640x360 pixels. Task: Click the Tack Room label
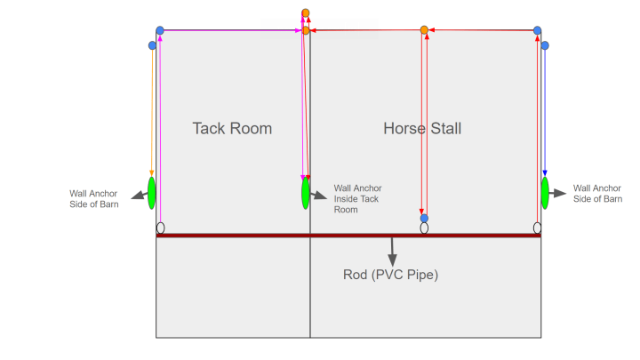point(232,129)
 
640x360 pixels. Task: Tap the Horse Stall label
point(422,129)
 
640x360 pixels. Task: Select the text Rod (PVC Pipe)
point(390,274)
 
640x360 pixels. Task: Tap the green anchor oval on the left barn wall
point(152,192)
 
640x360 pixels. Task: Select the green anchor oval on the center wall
point(305,193)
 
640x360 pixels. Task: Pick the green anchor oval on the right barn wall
point(545,192)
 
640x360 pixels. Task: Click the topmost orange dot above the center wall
point(306,12)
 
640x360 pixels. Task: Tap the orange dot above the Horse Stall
point(424,30)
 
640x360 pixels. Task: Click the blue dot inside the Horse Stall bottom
point(424,218)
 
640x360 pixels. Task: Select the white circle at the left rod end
point(160,228)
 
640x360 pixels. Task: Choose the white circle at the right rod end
point(537,228)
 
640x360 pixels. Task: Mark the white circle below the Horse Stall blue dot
point(424,228)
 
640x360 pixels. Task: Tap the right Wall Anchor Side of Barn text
point(597,193)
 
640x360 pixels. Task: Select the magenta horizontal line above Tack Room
point(231,30)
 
